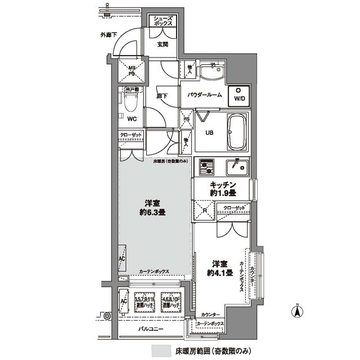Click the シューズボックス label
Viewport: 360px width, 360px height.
pyautogui.click(x=165, y=21)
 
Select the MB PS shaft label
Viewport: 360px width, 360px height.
pyautogui.click(x=131, y=71)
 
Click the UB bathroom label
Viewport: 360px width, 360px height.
pyautogui.click(x=209, y=133)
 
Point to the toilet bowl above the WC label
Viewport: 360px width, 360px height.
pyautogui.click(x=131, y=103)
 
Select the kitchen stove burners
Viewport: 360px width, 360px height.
pyautogui.click(x=206, y=166)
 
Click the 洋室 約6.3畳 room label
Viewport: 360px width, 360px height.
pyautogui.click(x=152, y=208)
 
